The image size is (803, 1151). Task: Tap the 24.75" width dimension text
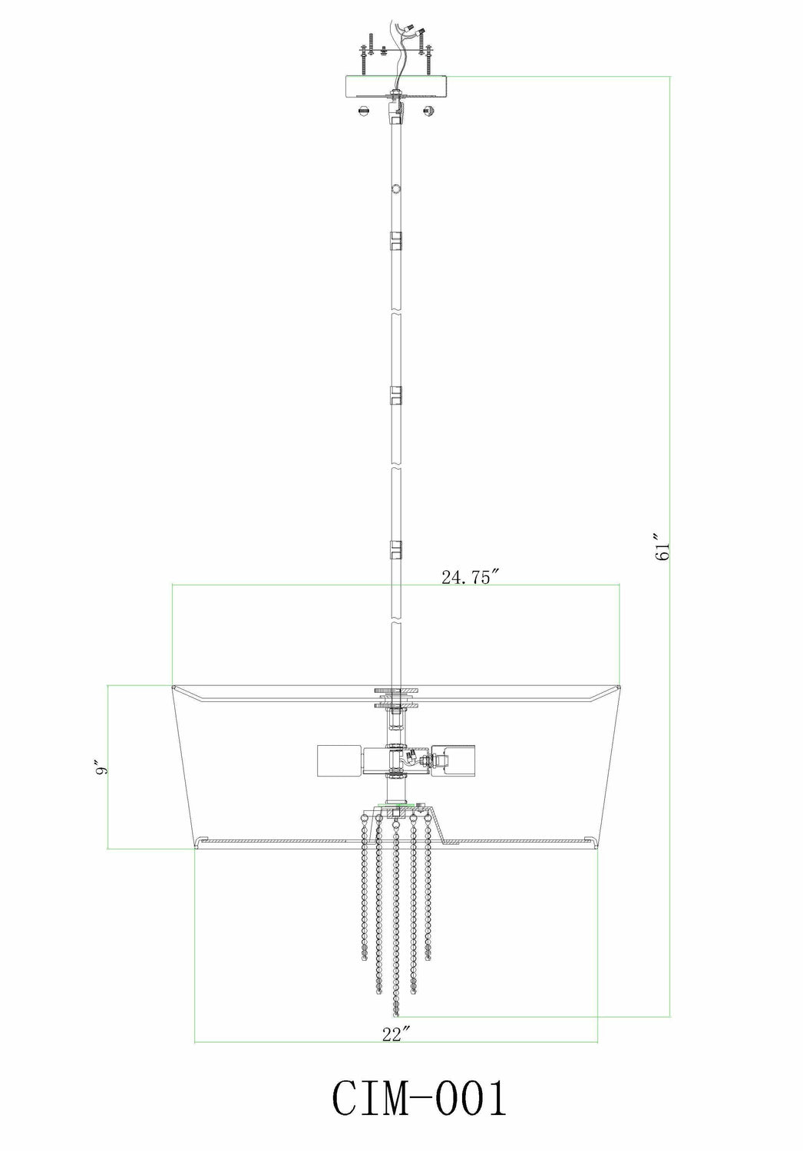471,578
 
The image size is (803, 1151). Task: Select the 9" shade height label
97,767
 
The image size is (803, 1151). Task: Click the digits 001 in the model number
468,1100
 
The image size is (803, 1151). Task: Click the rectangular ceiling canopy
396,86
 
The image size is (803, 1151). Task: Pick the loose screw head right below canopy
428,112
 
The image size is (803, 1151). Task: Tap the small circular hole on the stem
396,187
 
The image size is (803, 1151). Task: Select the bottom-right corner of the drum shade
597,848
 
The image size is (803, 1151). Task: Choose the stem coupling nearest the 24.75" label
396,549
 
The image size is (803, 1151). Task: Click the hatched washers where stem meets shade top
396,697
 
